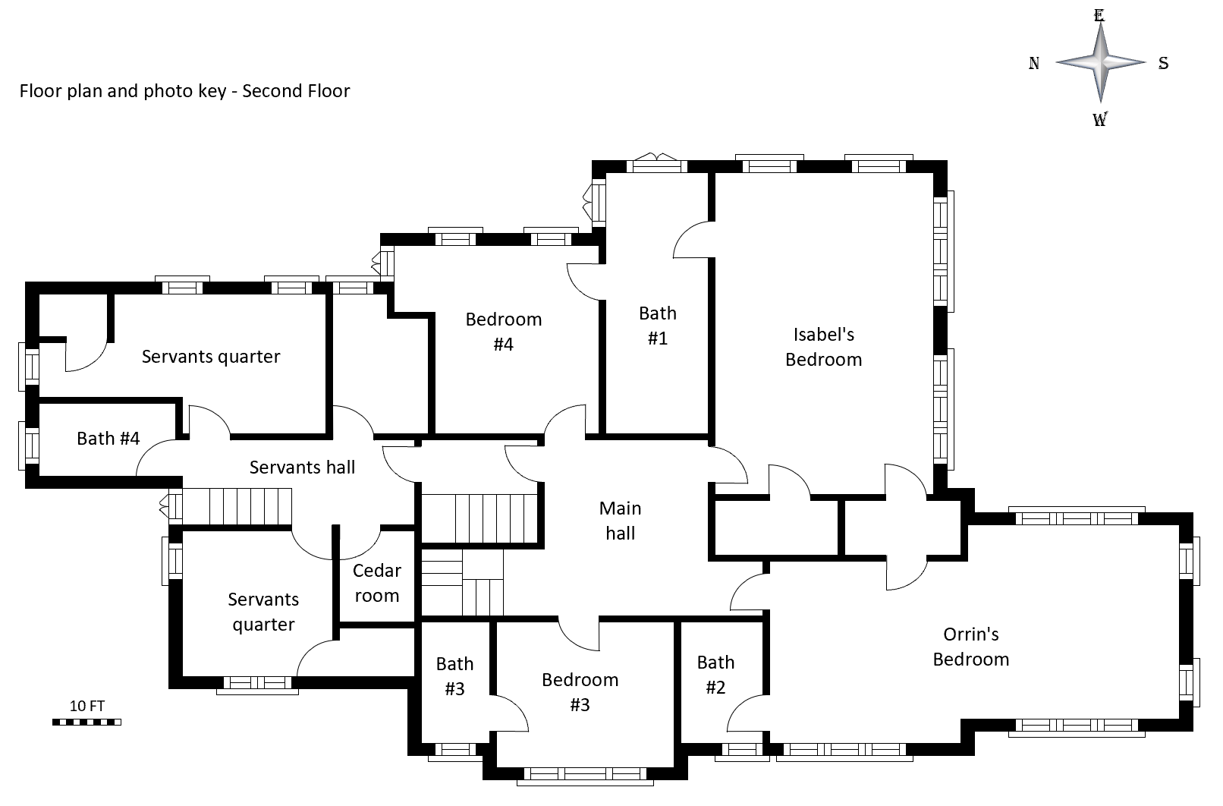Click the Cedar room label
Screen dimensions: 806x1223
[x=377, y=583]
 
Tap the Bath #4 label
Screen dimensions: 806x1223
[x=108, y=439]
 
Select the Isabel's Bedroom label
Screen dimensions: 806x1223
[x=823, y=347]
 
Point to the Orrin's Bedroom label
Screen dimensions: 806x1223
[x=970, y=647]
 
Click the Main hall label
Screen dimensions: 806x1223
[x=620, y=521]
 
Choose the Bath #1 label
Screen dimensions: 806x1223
[x=657, y=326]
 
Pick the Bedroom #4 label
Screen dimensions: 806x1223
[x=504, y=332]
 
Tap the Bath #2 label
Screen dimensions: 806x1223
[x=715, y=675]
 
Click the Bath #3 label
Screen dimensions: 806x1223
[x=454, y=676]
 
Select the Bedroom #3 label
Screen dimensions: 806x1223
[x=580, y=692]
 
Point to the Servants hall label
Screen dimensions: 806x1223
[x=302, y=468]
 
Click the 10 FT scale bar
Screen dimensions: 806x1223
[x=86, y=722]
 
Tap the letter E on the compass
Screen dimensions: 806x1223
[x=1099, y=15]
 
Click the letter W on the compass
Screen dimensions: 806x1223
[x=1099, y=119]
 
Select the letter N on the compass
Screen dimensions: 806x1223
[x=1033, y=64]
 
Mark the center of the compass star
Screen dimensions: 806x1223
[x=1100, y=63]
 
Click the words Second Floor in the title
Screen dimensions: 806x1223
[x=296, y=91]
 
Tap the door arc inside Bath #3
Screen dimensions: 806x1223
[x=511, y=713]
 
